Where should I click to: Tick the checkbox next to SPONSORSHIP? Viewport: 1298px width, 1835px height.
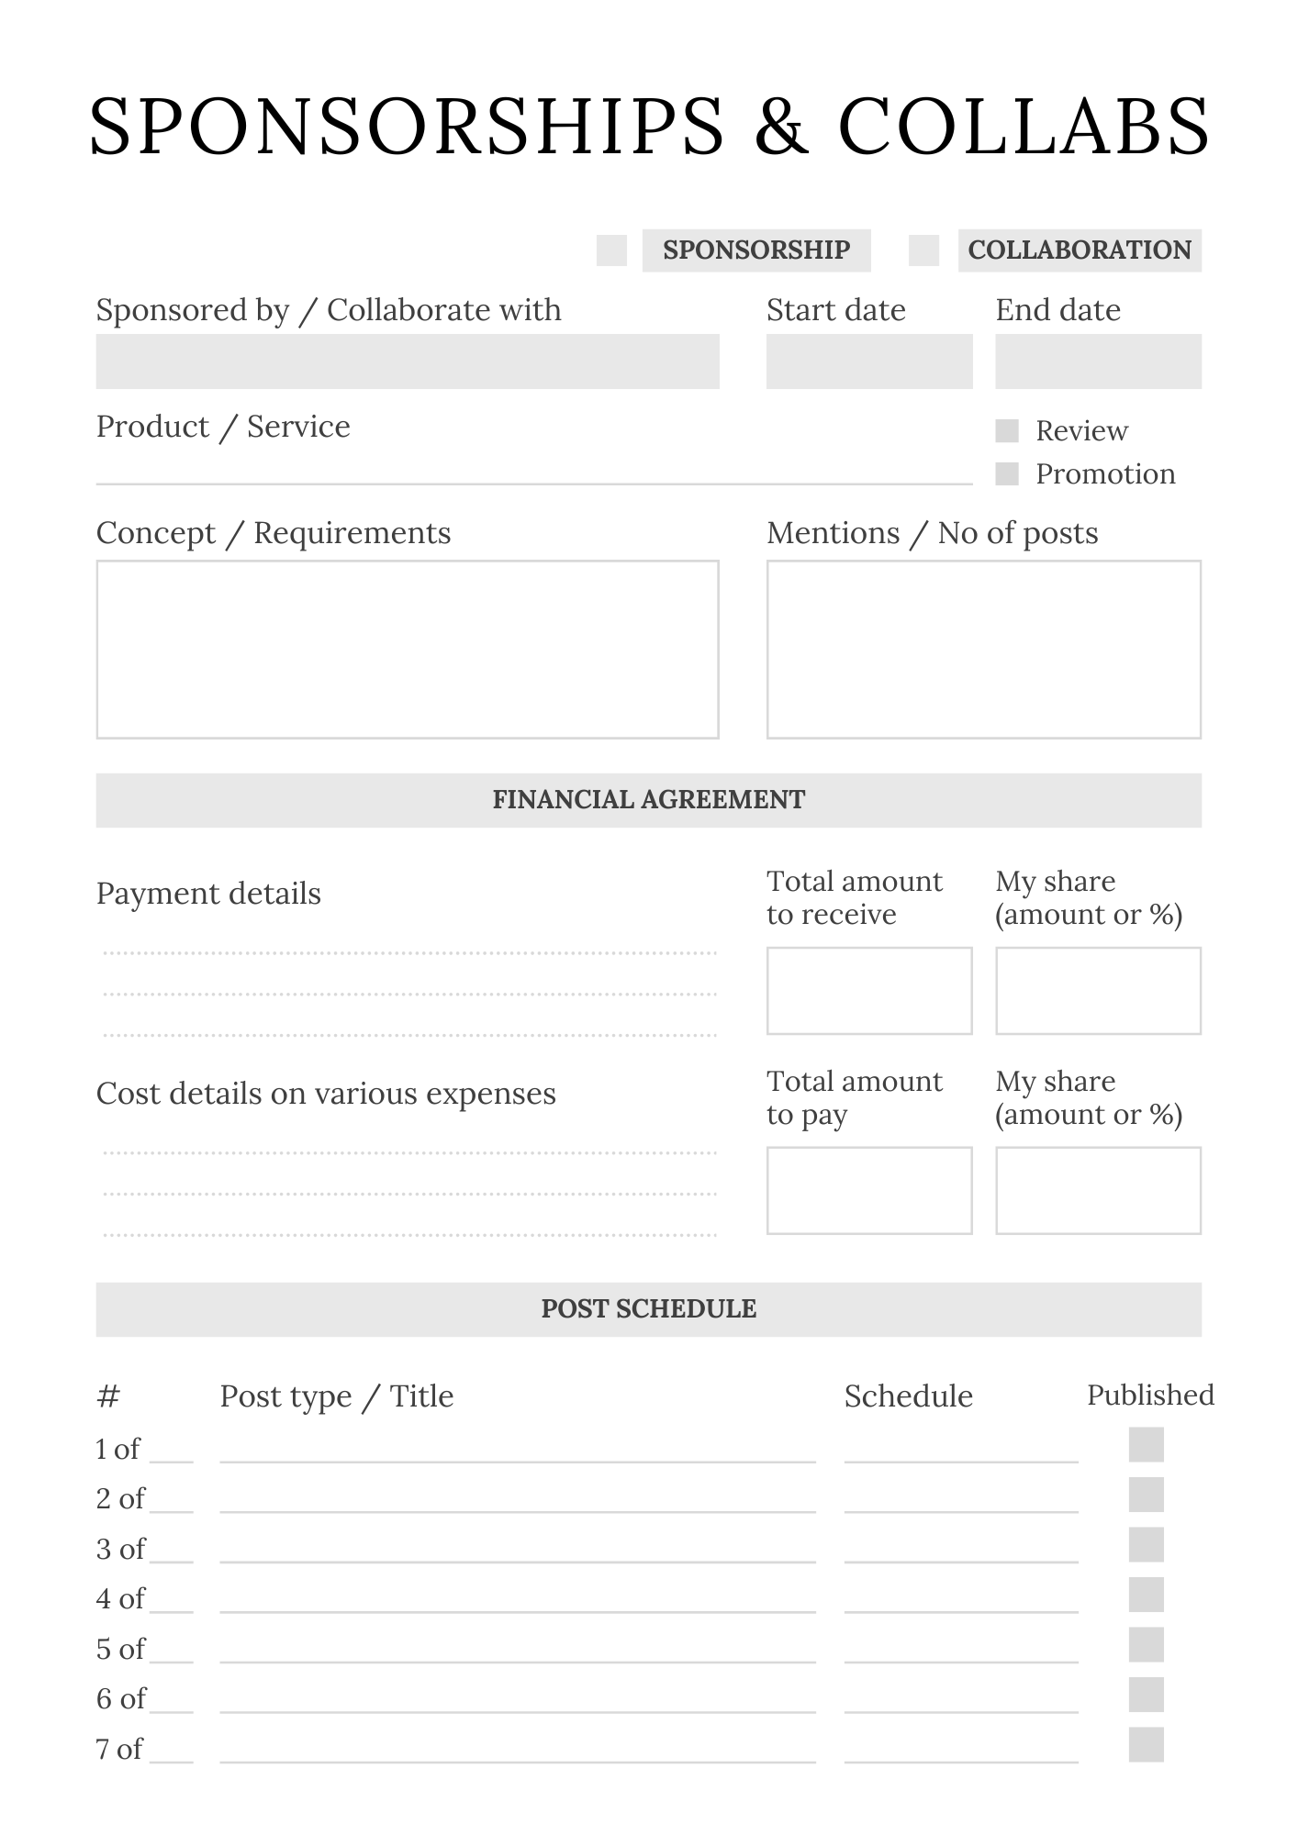tap(611, 250)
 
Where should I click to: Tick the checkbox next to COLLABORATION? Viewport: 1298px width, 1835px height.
tap(923, 250)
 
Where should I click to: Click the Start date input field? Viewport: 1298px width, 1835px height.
tap(868, 361)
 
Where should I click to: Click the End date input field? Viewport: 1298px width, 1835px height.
tap(1098, 361)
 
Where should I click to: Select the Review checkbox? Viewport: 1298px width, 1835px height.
tap(1007, 431)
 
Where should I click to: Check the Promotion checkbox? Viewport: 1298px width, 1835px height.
tap(1007, 474)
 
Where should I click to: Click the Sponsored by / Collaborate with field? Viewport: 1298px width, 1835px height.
tap(408, 361)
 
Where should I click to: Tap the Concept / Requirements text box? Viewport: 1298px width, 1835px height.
tap(408, 650)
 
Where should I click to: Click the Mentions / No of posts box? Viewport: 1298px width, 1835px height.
tap(983, 650)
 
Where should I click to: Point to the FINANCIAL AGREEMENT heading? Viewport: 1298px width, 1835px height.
tap(648, 800)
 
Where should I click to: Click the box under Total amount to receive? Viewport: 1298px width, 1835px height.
tap(868, 991)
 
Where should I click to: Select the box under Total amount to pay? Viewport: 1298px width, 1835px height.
tap(868, 1190)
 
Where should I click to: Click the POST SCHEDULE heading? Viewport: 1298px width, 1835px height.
tap(648, 1309)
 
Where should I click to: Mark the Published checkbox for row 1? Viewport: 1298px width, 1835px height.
tap(1146, 1445)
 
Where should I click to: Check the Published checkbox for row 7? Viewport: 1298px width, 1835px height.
tap(1146, 1745)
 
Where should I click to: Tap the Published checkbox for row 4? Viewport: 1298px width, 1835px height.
tap(1146, 1595)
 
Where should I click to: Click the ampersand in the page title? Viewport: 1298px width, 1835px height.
tap(781, 127)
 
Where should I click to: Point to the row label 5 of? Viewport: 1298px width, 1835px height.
tap(120, 1650)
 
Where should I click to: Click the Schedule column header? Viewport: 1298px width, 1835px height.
tap(908, 1396)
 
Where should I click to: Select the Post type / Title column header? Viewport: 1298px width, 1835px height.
tap(336, 1396)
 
